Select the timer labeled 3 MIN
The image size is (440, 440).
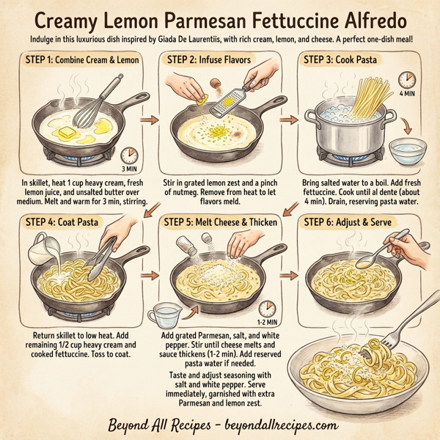pyautogui.click(x=130, y=155)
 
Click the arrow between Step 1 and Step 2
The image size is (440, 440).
pyautogui.click(x=150, y=117)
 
